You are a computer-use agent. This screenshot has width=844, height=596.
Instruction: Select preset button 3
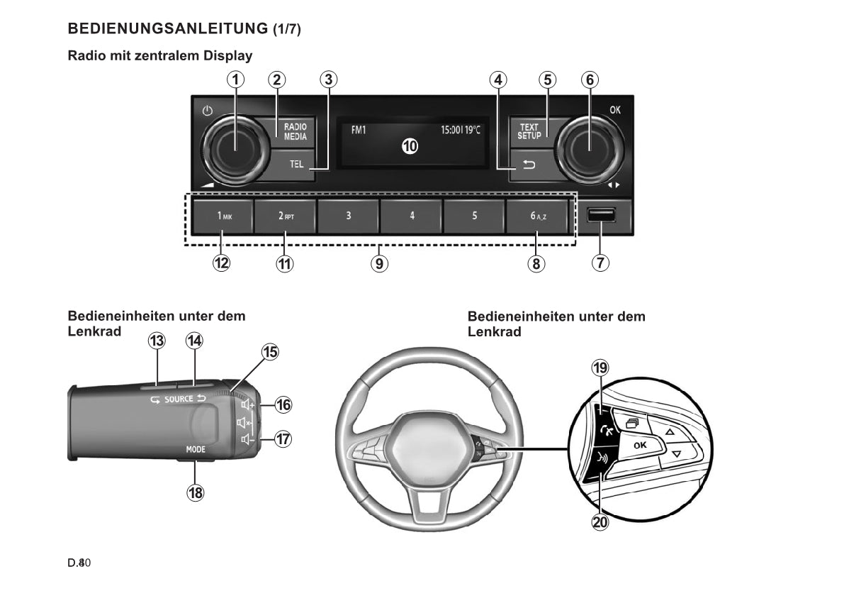click(348, 216)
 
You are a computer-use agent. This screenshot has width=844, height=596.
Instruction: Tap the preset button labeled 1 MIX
click(223, 216)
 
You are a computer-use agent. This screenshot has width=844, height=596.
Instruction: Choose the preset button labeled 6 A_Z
click(538, 216)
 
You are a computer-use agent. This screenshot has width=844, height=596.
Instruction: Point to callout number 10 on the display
click(410, 147)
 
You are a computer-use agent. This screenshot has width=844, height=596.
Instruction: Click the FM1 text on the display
click(359, 131)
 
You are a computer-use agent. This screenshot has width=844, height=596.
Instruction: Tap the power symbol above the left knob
click(207, 111)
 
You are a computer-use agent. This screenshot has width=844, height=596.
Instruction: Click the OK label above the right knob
click(614, 110)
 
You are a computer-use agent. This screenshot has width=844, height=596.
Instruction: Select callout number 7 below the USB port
click(600, 263)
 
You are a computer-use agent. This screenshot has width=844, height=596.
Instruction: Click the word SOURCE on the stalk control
click(179, 399)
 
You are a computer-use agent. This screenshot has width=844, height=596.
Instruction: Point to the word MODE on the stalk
click(196, 450)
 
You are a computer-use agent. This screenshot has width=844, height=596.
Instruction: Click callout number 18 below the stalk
click(196, 492)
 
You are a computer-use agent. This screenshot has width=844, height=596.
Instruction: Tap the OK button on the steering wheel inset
click(640, 446)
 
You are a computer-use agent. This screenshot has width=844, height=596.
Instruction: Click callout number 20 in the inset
click(600, 522)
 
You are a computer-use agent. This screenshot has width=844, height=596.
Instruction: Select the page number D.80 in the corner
click(79, 563)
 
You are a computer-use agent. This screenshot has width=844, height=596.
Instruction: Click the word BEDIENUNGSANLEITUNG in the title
click(167, 29)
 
